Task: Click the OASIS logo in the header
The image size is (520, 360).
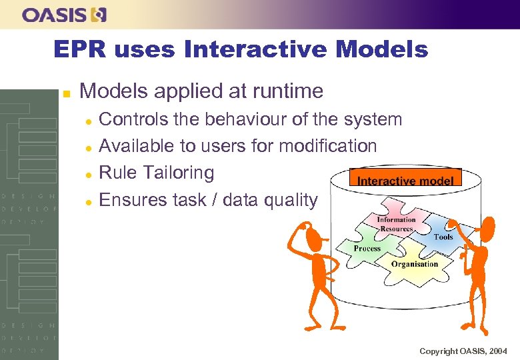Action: (x=64, y=15)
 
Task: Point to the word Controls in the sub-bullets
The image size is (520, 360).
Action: (x=131, y=119)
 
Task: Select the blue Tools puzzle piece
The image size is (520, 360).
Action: (x=443, y=235)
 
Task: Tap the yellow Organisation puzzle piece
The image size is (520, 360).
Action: (x=413, y=263)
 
